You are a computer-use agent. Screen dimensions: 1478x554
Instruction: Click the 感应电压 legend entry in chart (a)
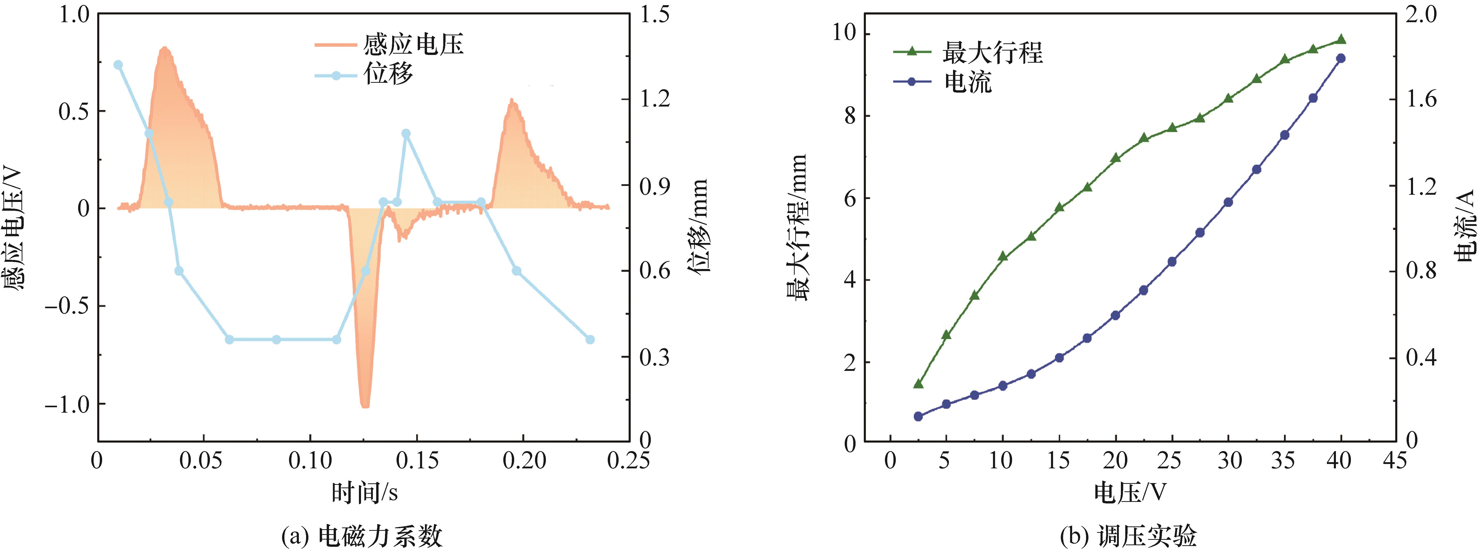click(x=389, y=44)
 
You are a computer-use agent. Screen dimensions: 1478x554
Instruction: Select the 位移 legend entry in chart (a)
click(x=364, y=74)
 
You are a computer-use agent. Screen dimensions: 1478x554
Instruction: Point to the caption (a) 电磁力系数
click(x=362, y=536)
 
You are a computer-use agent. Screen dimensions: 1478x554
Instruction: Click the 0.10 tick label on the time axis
click(x=310, y=460)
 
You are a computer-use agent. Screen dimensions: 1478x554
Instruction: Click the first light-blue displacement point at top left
click(x=118, y=65)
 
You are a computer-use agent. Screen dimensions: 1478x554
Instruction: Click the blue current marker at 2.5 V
click(x=918, y=416)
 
